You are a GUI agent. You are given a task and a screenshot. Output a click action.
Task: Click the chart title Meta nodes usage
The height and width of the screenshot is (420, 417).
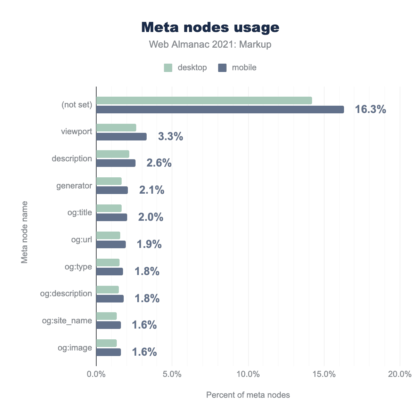(210, 27)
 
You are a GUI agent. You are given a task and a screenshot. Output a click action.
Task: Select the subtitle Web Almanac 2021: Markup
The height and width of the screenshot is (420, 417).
(210, 45)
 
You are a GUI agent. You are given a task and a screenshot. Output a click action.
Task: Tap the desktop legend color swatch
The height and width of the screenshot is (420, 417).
(168, 68)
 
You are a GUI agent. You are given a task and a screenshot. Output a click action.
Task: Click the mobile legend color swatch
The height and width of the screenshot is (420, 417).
(222, 68)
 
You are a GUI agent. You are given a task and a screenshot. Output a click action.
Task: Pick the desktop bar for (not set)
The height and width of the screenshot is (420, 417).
(204, 100)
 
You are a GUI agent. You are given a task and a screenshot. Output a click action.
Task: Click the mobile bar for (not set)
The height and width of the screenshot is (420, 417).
(220, 110)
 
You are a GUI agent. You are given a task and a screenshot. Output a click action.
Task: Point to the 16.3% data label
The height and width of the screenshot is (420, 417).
(370, 110)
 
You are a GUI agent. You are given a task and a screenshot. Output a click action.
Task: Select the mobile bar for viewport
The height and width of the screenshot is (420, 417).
(121, 137)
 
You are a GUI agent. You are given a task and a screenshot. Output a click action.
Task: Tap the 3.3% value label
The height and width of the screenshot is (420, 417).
(171, 137)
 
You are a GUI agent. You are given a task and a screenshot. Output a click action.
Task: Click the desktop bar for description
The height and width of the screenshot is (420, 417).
(113, 154)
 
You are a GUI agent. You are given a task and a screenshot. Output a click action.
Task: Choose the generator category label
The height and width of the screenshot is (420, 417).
(74, 186)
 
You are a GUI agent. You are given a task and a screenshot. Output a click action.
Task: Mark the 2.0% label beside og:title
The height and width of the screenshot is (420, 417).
(151, 217)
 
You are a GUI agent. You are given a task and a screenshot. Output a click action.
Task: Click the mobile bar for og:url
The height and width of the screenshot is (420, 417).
(111, 244)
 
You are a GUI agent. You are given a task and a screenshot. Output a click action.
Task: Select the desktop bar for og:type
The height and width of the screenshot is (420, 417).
(108, 262)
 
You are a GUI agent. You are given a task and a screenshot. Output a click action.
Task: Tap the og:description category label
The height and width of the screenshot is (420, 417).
(66, 293)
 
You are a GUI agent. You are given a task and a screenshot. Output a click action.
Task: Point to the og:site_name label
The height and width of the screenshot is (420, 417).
(67, 321)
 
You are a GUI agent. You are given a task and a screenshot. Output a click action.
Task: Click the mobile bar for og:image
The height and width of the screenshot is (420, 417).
(108, 352)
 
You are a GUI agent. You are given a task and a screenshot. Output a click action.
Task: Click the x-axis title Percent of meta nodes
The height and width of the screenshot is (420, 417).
(248, 395)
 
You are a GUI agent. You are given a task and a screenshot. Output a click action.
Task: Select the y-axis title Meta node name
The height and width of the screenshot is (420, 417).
(24, 232)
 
